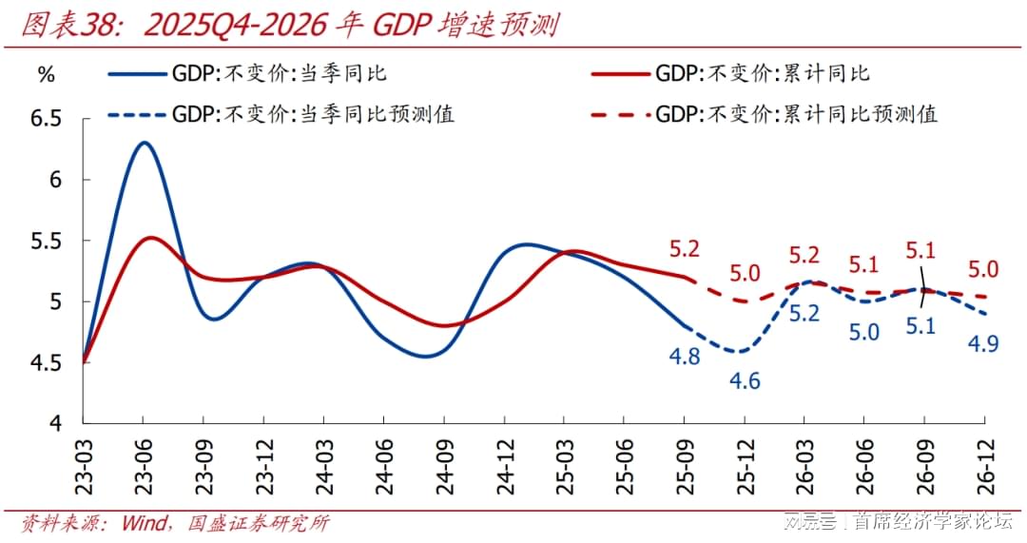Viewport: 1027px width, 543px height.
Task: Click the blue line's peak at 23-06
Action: [x=143, y=143]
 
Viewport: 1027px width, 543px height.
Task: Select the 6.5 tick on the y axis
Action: [x=45, y=119]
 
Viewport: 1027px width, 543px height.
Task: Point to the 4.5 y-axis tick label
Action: [x=45, y=362]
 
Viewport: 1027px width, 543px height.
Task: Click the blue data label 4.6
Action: [x=745, y=381]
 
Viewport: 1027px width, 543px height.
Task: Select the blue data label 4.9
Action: [x=982, y=343]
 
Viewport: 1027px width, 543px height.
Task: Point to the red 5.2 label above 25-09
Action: [x=684, y=249]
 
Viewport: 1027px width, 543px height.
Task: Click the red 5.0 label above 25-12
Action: [x=745, y=274]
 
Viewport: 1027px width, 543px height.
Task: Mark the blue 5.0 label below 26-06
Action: [x=864, y=332]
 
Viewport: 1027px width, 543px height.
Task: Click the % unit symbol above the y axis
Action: [x=46, y=76]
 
